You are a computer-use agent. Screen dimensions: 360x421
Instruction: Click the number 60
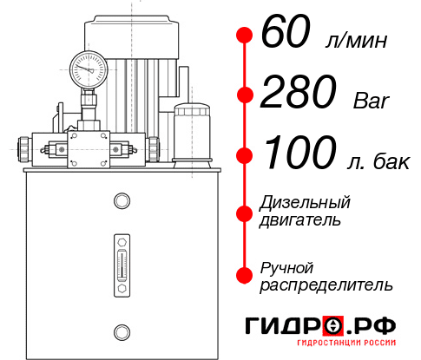point(286,35)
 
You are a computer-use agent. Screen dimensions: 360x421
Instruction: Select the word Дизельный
point(305,203)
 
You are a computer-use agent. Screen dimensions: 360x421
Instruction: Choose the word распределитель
point(326,284)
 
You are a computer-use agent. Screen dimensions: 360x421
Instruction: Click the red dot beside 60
point(245,36)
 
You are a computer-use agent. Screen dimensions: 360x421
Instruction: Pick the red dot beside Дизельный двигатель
point(245,212)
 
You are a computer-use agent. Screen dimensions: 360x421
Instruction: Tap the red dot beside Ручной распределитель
point(245,274)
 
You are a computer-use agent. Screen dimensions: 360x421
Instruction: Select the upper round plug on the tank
point(121,201)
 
